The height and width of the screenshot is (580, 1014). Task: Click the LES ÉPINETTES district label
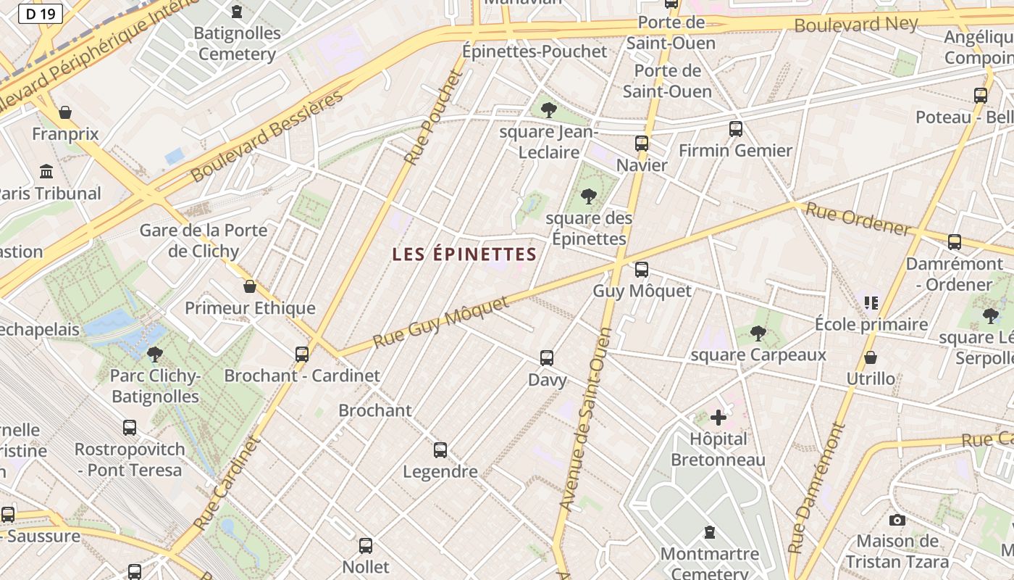coord(464,254)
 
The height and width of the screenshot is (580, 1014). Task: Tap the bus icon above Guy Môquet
coord(641,270)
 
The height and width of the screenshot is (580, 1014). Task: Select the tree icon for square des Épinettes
coord(588,196)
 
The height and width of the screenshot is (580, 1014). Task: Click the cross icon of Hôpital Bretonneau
coord(718,418)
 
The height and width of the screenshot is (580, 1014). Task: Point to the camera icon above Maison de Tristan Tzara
coord(897,520)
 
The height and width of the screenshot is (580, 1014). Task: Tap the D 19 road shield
coord(41,13)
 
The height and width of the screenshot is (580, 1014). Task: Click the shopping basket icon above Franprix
coord(65,112)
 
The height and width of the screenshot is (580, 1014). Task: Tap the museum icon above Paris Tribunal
coord(47,172)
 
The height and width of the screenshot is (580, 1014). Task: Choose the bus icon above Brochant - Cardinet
coord(302,354)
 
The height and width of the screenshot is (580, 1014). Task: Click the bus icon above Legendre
coord(440,450)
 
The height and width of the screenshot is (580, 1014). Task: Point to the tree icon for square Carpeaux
coord(758,333)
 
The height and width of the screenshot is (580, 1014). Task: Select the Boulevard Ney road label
coord(856,25)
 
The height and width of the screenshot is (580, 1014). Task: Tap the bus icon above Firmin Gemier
coord(735,129)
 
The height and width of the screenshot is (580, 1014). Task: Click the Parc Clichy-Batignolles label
coord(154,386)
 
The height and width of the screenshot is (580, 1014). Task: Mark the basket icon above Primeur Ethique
coord(250,286)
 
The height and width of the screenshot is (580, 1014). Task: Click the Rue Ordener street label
coord(858,220)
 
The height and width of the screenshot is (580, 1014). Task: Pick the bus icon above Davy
coord(547,358)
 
